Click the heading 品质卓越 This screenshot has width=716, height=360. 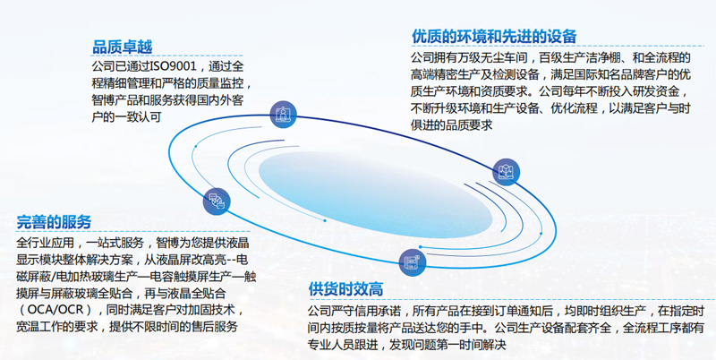(123, 47)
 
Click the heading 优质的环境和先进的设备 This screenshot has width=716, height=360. (494, 36)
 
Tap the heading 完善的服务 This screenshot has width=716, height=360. (54, 222)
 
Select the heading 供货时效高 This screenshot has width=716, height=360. (345, 289)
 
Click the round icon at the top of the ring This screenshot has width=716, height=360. (283, 115)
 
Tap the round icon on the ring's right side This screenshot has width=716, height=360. (506, 172)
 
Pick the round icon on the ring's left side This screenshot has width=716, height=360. (217, 201)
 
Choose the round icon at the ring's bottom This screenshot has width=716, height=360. (413, 262)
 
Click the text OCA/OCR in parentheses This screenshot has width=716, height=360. (55, 309)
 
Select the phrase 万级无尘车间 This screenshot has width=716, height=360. (493, 58)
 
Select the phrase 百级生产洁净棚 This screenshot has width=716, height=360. (580, 58)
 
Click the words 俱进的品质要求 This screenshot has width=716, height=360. (452, 125)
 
